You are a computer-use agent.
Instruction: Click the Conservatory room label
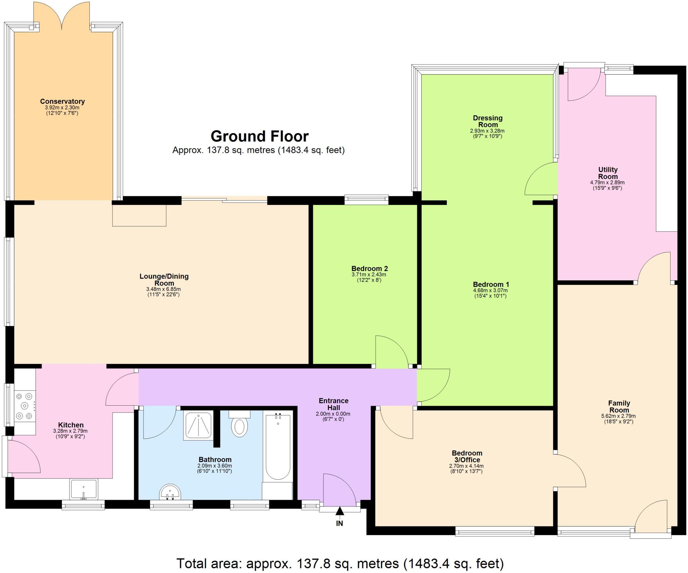coord(62,101)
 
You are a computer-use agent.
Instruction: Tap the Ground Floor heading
coord(259,136)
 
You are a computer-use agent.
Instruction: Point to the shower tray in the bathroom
coord(198,425)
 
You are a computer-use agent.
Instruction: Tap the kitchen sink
coord(84,489)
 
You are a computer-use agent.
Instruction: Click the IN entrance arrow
coord(340,512)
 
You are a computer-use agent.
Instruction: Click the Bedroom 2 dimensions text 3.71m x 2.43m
coord(369,275)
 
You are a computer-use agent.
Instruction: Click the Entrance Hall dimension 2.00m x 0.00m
coord(333,414)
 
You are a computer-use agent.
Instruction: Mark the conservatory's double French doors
coord(61,17)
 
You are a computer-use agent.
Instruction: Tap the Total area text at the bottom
coord(340,563)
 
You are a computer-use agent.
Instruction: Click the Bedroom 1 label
coord(491,284)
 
